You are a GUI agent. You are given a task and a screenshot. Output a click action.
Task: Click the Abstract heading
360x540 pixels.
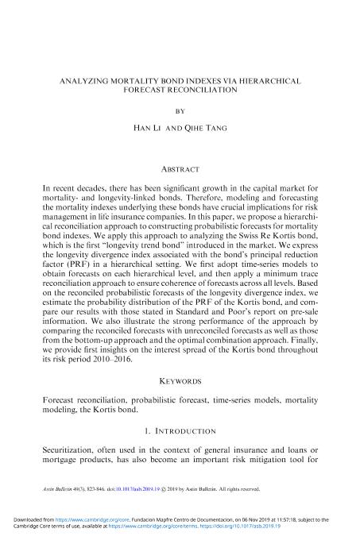179,169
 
